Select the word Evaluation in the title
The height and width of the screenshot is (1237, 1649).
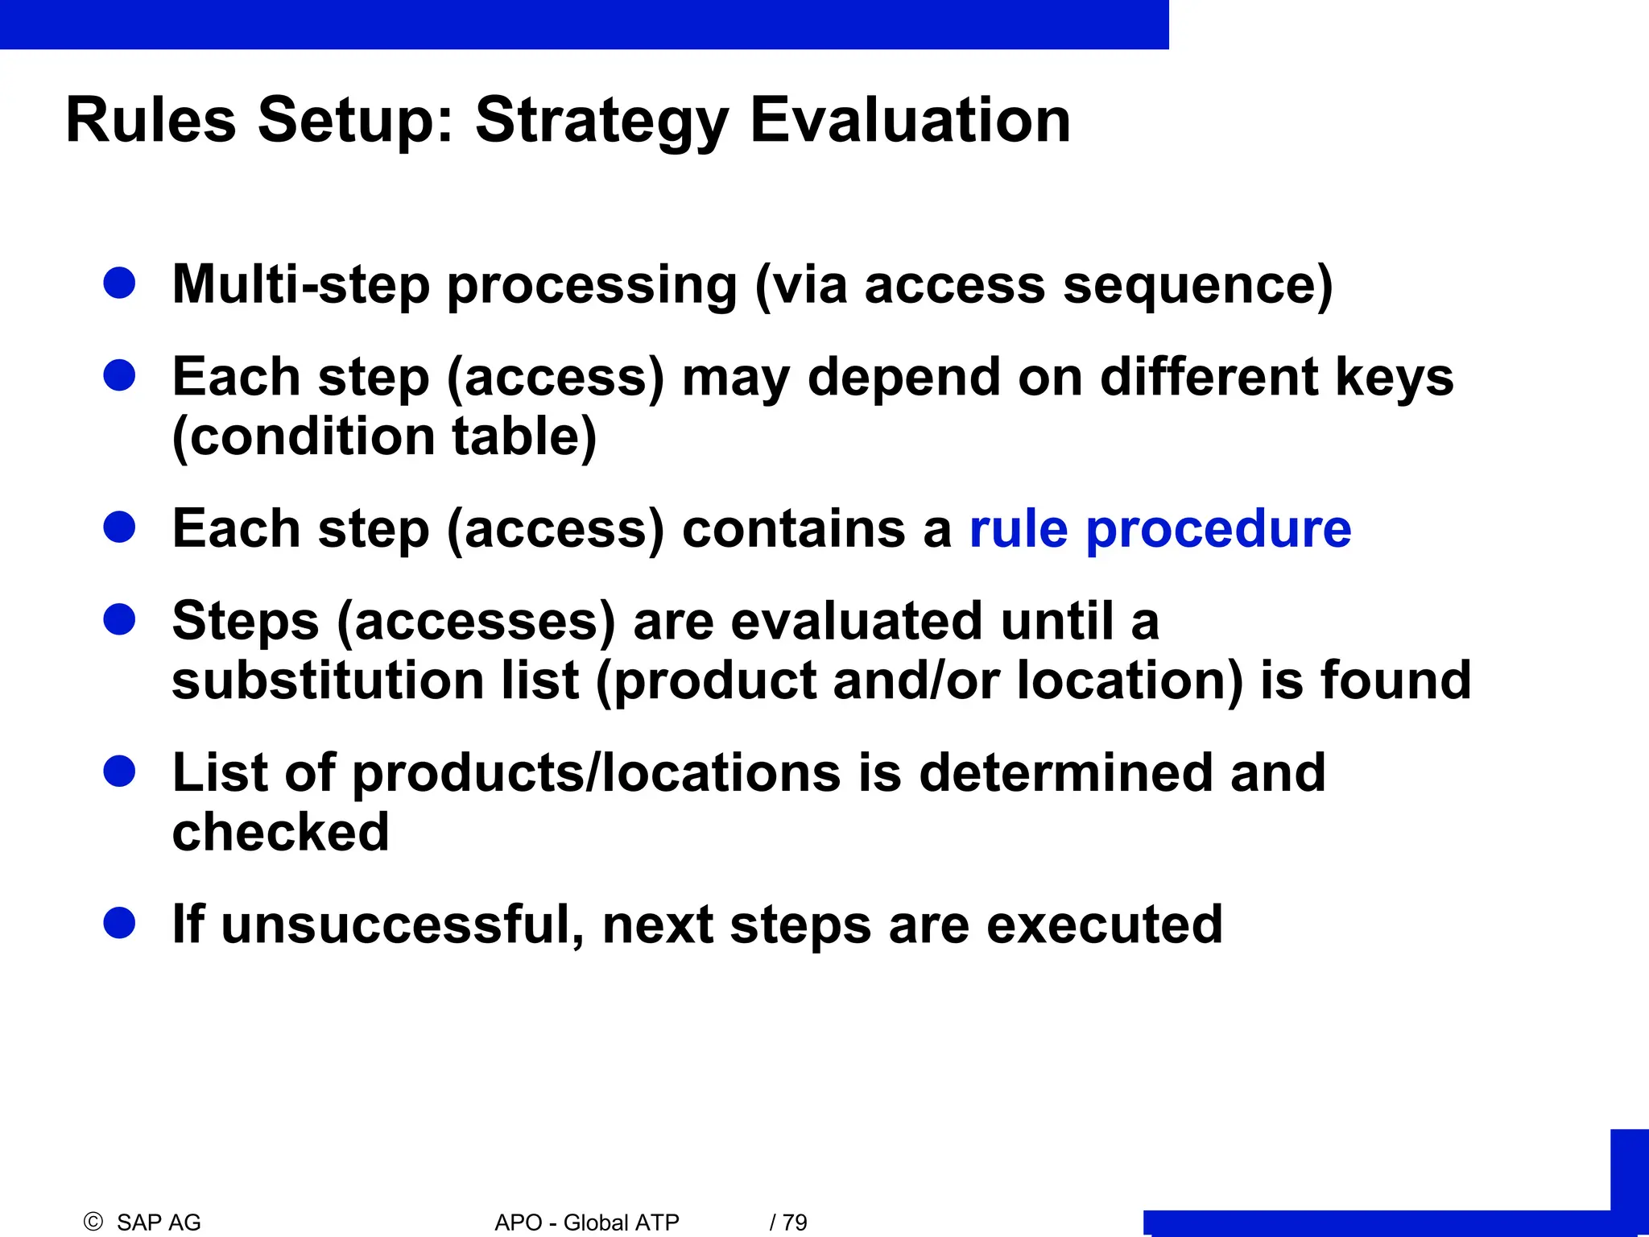point(910,121)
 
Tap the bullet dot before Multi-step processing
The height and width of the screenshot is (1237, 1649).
point(119,283)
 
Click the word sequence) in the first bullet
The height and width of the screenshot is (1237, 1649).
point(1197,285)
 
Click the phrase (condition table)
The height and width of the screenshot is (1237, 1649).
point(384,436)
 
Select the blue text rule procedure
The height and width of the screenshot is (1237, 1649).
point(1159,529)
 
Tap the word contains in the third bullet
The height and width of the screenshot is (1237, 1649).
point(793,529)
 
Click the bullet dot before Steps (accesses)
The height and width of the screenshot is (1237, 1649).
point(119,619)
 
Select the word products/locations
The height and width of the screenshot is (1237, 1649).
point(597,772)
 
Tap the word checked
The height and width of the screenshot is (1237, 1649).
point(280,832)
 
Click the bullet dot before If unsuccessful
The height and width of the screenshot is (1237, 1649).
point(119,923)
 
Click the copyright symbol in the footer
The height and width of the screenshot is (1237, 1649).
point(93,1222)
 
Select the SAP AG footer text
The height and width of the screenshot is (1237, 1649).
point(159,1223)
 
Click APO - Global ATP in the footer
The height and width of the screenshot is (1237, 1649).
point(587,1223)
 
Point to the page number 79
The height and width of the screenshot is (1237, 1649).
point(794,1223)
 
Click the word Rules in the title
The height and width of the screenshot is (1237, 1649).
point(151,121)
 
